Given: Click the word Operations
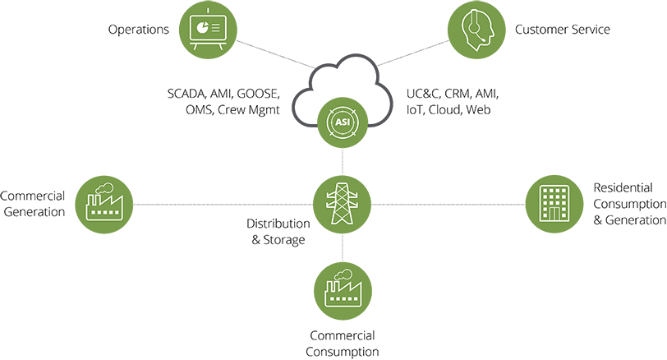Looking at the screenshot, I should [139, 30].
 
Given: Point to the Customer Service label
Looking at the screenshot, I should [563, 30].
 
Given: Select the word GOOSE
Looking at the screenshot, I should [258, 93].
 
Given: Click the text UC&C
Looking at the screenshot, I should [424, 93].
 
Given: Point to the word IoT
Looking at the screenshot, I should [416, 109].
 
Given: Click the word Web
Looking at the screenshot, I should [479, 109].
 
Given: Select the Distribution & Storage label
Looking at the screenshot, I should [277, 232].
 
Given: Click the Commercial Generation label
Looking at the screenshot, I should [33, 204].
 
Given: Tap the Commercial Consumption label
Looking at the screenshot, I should [343, 344].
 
